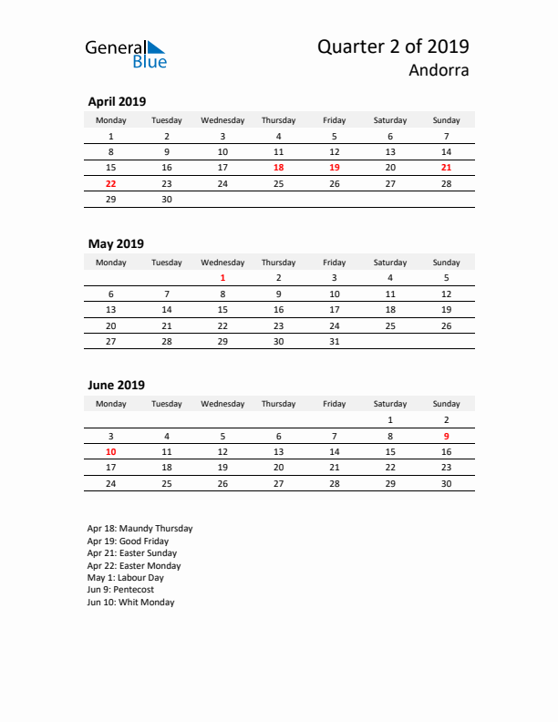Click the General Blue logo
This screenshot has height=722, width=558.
126,54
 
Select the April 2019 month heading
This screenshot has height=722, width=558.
116,101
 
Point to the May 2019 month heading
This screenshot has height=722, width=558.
115,243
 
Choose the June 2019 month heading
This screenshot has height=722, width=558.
116,385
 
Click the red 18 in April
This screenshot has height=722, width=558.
278,168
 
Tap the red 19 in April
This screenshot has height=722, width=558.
334,168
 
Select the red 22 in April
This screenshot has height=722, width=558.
111,183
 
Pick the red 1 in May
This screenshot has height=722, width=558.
222,278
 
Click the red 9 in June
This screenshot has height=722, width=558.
446,436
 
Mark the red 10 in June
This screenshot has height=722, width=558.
111,451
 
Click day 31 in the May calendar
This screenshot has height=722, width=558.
334,341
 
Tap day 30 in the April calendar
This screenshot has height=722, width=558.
167,199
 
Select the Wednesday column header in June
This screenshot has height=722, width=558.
222,404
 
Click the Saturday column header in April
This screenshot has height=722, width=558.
390,119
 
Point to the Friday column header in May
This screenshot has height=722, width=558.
334,263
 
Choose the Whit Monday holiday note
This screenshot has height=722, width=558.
130,603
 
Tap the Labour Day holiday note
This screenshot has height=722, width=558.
126,578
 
